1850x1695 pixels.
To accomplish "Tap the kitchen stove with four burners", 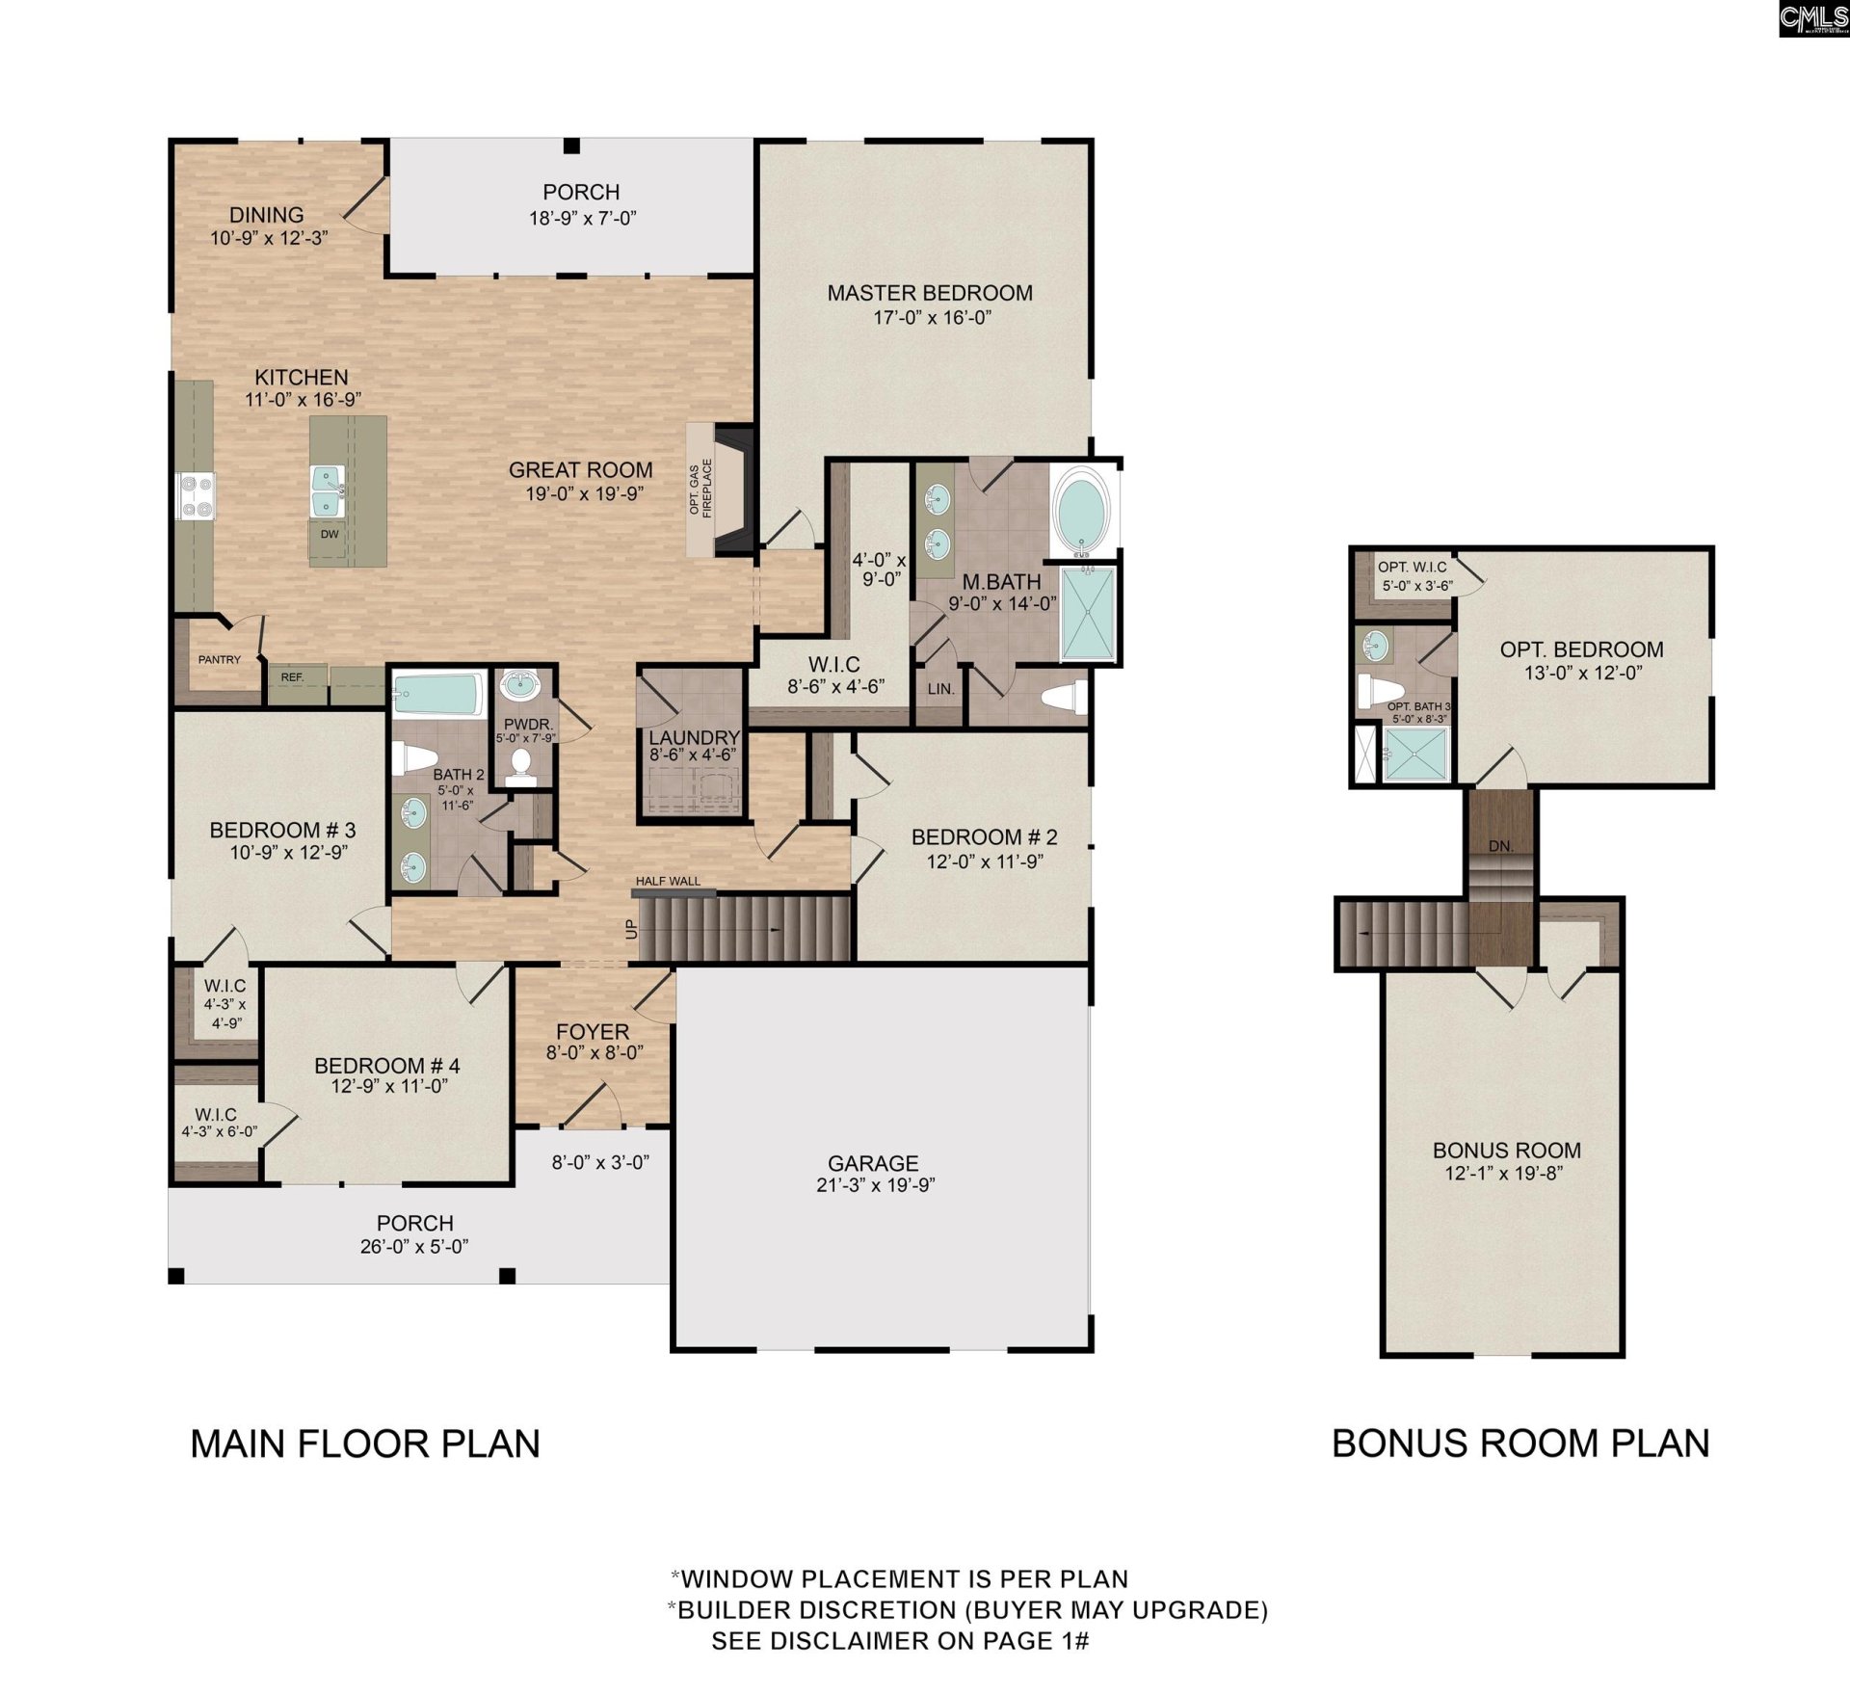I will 196,496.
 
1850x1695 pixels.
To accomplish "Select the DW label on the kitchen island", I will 330,534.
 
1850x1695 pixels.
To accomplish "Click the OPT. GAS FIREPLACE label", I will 700,489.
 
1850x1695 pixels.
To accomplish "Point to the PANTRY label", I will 220,660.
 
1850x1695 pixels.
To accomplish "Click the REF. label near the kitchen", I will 292,677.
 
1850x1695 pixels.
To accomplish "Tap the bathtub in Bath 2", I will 438,695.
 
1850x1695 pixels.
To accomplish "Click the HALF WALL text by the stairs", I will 668,881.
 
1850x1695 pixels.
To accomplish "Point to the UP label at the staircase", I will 632,929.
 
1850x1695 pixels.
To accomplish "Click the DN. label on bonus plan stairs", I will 1500,847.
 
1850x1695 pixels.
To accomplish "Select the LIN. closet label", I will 941,689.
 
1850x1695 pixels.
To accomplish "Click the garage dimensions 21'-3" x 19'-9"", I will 875,1185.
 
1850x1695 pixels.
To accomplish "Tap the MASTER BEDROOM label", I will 929,293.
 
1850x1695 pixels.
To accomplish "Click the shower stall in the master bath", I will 1089,614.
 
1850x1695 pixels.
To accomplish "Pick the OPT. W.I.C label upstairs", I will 1412,568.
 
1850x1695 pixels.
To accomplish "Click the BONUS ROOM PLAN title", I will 1520,1443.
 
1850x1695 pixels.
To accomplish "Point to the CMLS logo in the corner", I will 1813,18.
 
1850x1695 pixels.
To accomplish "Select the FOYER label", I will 592,1031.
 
